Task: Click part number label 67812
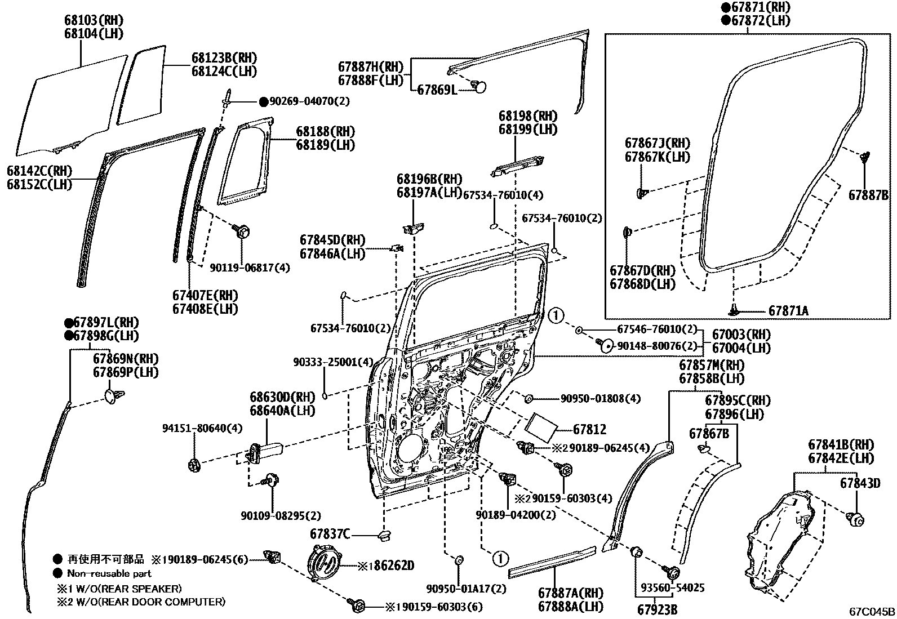(x=590, y=430)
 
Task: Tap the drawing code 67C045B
(x=872, y=612)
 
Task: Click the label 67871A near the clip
(x=788, y=311)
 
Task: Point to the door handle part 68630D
(x=268, y=449)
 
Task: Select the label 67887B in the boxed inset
(x=868, y=195)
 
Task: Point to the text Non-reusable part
(x=109, y=573)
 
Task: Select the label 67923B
(x=657, y=609)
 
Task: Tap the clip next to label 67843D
(x=856, y=520)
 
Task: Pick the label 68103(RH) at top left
(x=97, y=20)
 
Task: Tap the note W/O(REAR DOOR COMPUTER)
(x=146, y=602)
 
